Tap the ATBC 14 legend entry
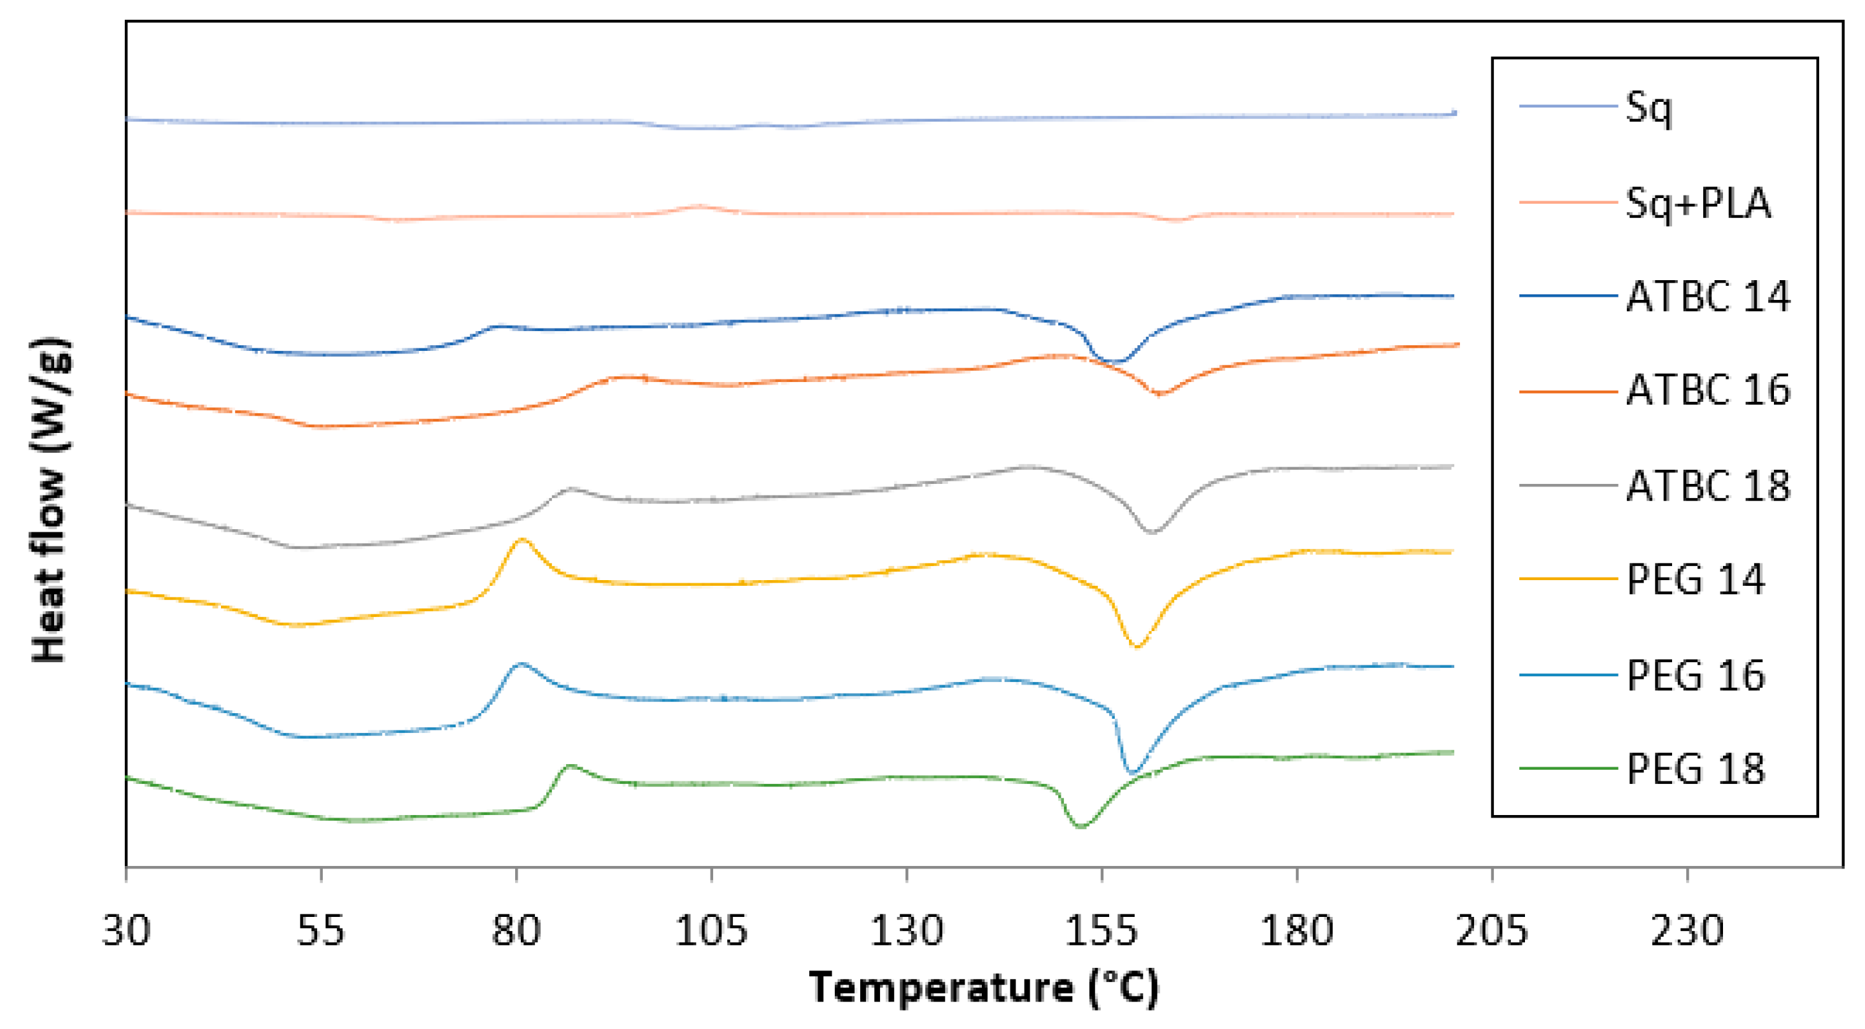click(1707, 296)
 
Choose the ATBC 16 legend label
click(1707, 391)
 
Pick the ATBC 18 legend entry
click(1707, 486)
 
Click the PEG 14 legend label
click(1695, 580)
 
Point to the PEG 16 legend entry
click(1695, 676)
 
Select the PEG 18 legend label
click(1695, 769)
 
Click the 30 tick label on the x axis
click(126, 930)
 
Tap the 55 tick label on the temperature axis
click(321, 930)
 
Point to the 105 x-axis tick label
click(711, 930)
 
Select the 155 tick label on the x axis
click(1101, 930)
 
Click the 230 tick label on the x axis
click(1687, 930)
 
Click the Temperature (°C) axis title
click(984, 988)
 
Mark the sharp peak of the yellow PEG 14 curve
click(521, 539)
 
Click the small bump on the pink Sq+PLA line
click(698, 206)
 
